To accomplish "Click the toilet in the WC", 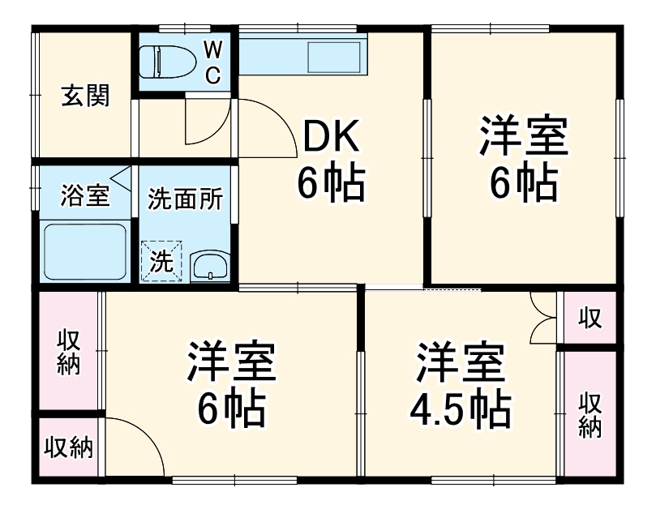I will [166, 61].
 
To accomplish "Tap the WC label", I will [212, 62].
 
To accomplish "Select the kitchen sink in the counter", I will [333, 58].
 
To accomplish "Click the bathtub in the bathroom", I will [84, 252].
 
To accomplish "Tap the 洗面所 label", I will [186, 199].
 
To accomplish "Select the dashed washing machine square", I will [162, 261].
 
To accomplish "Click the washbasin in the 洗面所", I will [212, 265].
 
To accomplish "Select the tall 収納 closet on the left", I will [68, 353].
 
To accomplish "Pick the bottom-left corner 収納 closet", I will [68, 447].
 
